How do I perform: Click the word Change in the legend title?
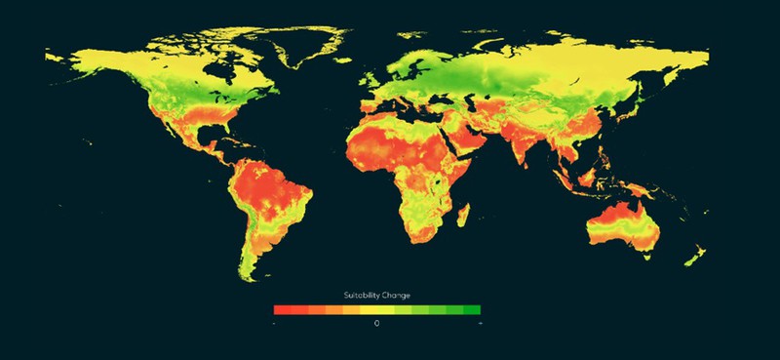394,295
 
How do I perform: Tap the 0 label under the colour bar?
376,322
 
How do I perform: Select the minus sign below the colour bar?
276,322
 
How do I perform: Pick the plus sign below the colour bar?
478,322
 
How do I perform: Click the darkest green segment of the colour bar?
472,309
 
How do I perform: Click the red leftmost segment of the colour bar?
281,309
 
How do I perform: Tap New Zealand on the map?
694,258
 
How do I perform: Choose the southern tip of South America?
255,275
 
